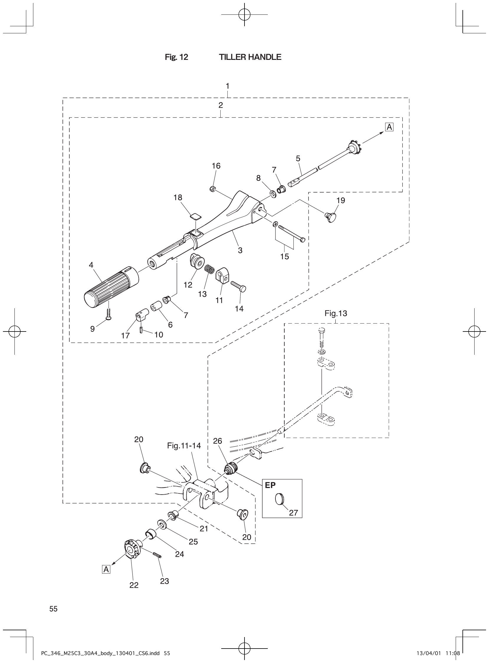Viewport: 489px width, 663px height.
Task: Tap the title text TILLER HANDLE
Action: point(250,57)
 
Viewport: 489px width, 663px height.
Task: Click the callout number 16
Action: point(216,166)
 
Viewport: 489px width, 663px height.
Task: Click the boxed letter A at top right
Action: point(389,127)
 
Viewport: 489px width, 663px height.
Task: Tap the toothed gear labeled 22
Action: point(131,549)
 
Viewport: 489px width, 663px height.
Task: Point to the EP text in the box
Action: point(270,485)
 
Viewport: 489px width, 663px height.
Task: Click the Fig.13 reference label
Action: point(336,313)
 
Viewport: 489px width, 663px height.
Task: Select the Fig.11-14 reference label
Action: point(184,446)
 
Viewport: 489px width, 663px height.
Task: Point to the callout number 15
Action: point(284,256)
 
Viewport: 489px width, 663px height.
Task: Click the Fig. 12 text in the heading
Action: point(176,57)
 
